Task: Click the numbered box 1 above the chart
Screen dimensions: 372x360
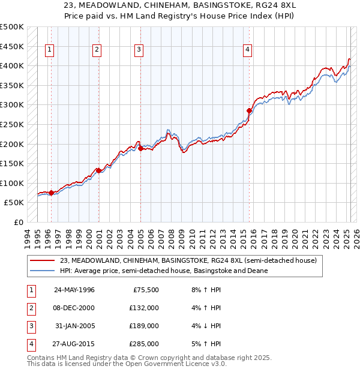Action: pos(49,50)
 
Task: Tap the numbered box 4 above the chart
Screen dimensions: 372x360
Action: pos(247,50)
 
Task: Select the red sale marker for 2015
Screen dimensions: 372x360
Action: pos(249,110)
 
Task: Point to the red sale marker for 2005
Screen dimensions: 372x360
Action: pos(140,148)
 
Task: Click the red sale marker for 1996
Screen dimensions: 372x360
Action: pos(51,193)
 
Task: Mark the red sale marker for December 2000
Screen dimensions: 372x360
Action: pos(98,170)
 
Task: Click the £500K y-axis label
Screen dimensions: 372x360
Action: pos(12,27)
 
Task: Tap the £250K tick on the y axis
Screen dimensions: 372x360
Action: pos(12,124)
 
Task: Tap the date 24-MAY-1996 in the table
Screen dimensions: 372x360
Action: pos(74,289)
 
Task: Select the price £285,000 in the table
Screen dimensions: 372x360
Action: pos(144,344)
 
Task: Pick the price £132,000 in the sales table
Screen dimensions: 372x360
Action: pos(144,308)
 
